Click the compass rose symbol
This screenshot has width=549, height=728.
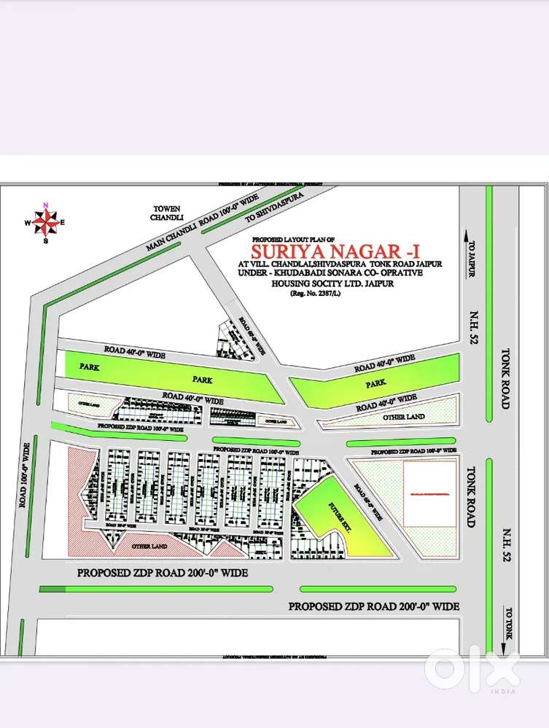[x=46, y=222]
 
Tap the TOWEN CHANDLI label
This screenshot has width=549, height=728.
[x=160, y=212]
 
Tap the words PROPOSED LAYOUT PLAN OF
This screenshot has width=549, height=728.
[x=292, y=239]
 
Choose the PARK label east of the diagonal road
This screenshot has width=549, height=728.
[x=376, y=383]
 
